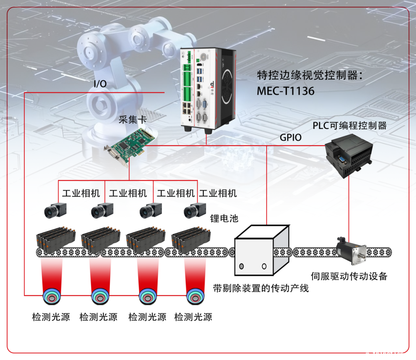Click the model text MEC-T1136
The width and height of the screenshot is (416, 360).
pos(285,91)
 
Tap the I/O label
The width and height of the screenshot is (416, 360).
pos(100,84)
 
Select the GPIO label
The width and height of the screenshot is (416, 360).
pos(290,137)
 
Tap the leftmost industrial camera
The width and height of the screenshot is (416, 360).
pos(55,209)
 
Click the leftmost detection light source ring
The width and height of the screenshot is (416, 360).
pos(51,296)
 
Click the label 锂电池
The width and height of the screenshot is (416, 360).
pos(224,219)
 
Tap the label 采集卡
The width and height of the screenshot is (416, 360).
pos(133,120)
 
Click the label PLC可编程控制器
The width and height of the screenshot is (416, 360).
pos(349,126)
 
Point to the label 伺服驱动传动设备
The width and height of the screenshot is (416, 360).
pos(349,276)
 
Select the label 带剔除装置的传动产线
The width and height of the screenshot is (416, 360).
pos(261,288)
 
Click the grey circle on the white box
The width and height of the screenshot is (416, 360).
pos(242,266)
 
